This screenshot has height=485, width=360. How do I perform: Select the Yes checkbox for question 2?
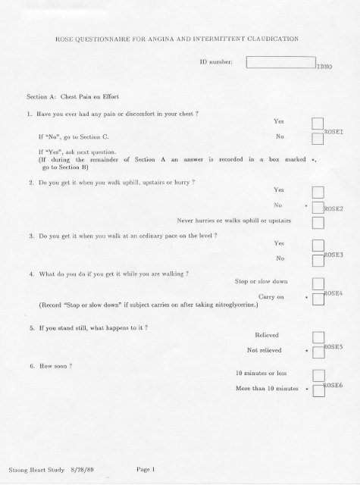coord(318,192)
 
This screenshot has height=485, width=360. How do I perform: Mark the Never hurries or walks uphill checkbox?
coord(318,221)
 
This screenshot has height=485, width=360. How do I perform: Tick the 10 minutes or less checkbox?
coord(318,377)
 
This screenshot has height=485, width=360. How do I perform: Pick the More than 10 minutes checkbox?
coord(318,391)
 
